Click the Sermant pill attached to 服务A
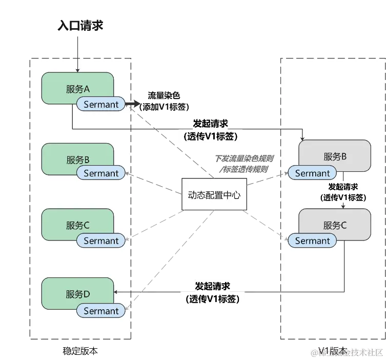101,105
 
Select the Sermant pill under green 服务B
101,173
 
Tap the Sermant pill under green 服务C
101,241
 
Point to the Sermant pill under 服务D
101,311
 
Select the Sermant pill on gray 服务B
312,173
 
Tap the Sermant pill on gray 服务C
312,241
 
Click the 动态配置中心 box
214,195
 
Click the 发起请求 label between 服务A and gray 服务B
211,130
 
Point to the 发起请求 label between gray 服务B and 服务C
343,191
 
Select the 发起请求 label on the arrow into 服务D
212,292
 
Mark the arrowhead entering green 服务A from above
77,70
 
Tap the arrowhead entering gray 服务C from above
343,206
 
